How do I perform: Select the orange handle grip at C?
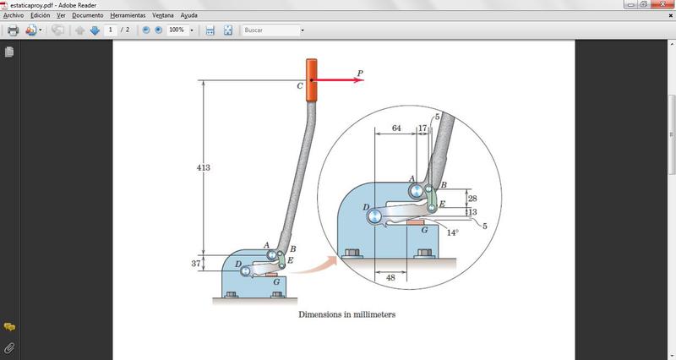pos(311,81)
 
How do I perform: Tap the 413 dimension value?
pos(203,168)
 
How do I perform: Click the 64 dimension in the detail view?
pos(395,128)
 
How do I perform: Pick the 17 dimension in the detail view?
pos(422,128)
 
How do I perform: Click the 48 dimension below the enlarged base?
pos(390,277)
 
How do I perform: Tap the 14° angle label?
pos(453,232)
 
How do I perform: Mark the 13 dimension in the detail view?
pos(472,212)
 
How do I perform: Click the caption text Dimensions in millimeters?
pos(346,314)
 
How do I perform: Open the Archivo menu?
pos(14,15)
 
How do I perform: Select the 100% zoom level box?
pos(177,30)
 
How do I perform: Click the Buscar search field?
pos(270,30)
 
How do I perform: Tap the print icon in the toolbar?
pos(13,30)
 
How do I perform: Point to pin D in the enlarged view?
pos(373,216)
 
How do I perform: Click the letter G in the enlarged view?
pos(424,229)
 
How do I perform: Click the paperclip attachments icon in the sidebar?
pos(9,347)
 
